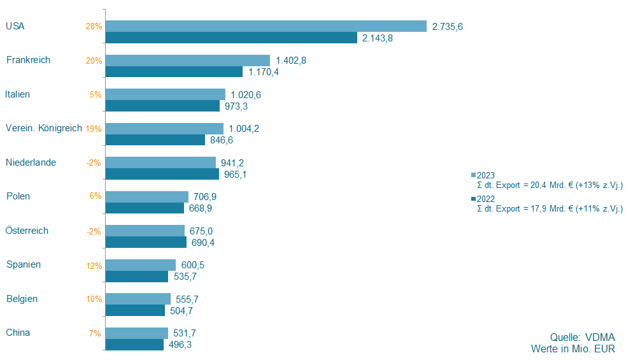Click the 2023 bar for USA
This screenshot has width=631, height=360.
[x=266, y=26]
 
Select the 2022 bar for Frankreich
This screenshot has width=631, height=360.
[x=174, y=72]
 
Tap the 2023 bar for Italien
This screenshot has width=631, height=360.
[x=165, y=94]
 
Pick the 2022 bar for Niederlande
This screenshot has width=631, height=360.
[x=162, y=174]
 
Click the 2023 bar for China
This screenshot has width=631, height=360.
[x=136, y=333]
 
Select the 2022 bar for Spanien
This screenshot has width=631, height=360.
[x=136, y=277]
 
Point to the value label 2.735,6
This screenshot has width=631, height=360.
[x=447, y=26]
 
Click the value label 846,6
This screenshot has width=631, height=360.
[x=223, y=140]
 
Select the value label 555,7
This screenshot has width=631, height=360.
[x=188, y=299]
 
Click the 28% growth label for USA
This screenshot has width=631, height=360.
[x=94, y=27]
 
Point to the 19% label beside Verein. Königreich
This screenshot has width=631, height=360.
[x=94, y=129]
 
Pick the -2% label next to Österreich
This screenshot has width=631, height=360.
[x=94, y=231]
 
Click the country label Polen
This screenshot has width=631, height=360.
[x=18, y=196]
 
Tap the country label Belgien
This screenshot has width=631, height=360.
[x=22, y=299]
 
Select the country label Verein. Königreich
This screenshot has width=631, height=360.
[x=43, y=128]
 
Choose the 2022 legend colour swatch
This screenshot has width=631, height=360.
[x=473, y=199]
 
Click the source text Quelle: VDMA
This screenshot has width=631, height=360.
[x=583, y=337]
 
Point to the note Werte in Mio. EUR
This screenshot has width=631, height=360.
[x=573, y=349]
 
